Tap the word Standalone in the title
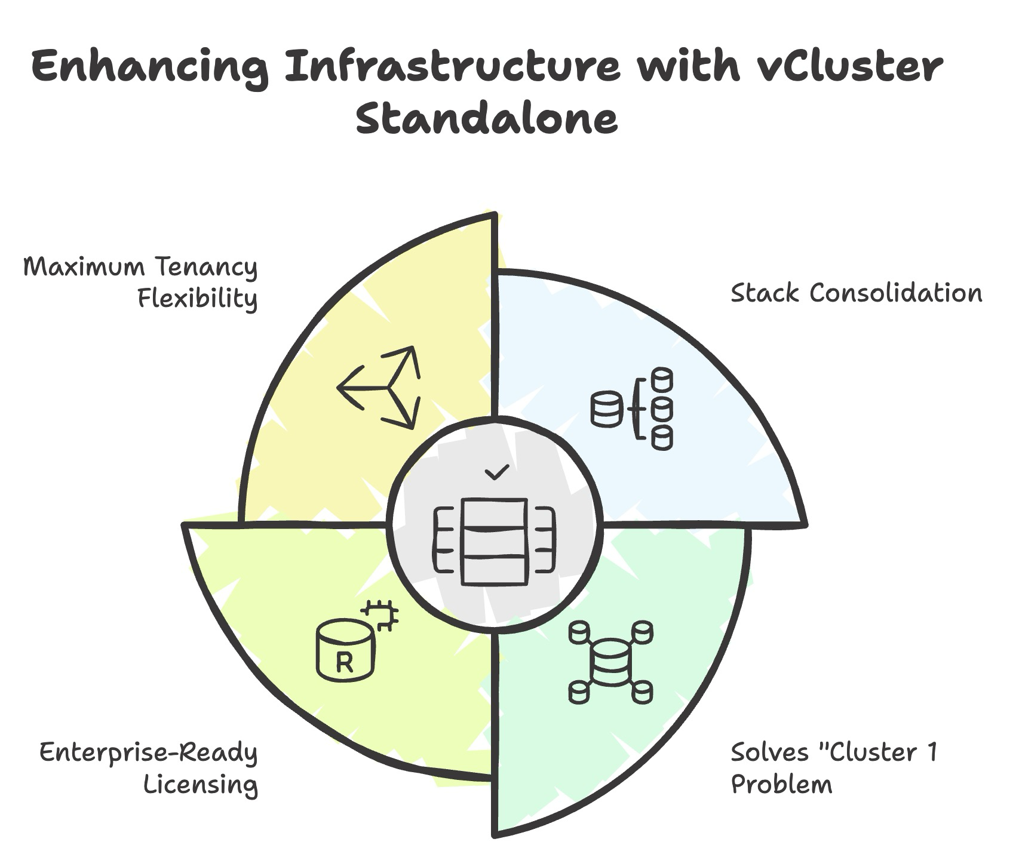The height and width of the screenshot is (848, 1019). tap(487, 118)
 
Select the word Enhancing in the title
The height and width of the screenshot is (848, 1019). tap(149, 67)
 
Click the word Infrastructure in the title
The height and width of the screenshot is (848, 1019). tap(452, 67)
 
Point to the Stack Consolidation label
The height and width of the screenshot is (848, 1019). tap(856, 293)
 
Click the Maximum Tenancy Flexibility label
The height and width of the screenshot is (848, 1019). tap(141, 282)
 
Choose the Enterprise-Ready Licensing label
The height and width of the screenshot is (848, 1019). tap(148, 768)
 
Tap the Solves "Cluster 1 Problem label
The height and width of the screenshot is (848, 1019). tap(834, 768)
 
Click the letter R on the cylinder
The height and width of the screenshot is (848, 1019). tap(345, 663)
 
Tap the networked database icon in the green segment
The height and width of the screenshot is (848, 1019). tap(610, 662)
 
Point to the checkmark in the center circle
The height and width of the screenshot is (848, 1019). tap(497, 472)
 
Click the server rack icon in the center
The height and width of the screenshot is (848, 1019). tap(495, 541)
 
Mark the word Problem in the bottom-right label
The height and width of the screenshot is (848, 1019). tap(781, 784)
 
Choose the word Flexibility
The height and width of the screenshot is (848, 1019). tap(198, 298)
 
